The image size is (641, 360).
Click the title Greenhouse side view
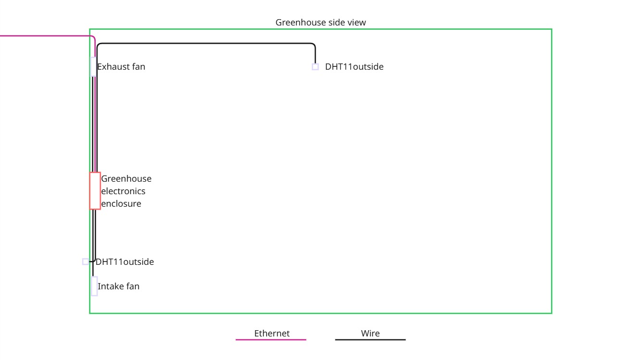coord(320,23)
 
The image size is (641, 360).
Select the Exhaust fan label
coord(121,67)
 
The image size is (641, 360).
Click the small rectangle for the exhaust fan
coord(93,67)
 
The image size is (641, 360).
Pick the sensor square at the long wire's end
coord(315,67)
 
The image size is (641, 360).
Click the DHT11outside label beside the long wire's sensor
coord(354,67)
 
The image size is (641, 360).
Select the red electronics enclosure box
coord(95,191)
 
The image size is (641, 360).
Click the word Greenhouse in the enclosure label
coord(126,179)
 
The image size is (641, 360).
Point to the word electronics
coord(123,191)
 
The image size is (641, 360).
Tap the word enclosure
coord(122,204)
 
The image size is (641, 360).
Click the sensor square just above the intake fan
coord(86,261)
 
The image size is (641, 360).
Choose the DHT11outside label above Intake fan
coord(125,262)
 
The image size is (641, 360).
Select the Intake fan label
coord(119,286)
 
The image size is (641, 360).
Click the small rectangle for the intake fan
coord(95,286)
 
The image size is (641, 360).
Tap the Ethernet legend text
coord(272,334)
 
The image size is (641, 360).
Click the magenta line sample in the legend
coord(271,340)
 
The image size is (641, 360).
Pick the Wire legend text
coord(370,334)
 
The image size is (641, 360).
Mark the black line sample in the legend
coord(370,340)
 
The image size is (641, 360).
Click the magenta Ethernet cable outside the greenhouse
coord(43,36)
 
